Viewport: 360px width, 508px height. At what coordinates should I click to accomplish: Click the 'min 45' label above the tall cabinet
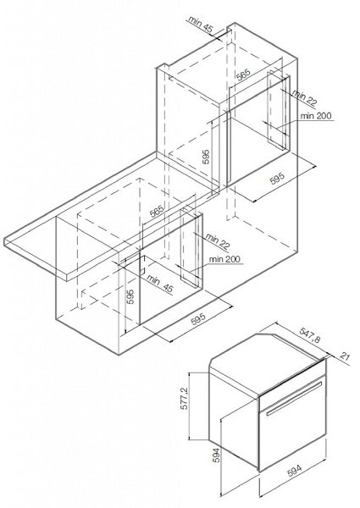201,25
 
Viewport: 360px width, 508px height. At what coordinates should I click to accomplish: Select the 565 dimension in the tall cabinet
243,75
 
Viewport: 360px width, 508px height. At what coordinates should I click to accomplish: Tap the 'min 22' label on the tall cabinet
304,98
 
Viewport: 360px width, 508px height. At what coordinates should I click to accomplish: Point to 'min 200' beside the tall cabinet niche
316,116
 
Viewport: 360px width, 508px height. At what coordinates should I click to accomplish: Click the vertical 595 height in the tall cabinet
206,157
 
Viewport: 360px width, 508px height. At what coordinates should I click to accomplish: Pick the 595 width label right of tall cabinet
277,179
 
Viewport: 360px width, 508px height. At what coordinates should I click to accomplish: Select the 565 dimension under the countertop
158,211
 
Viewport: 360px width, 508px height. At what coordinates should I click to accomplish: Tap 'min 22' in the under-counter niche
217,241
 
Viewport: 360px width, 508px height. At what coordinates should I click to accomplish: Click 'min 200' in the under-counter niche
224,260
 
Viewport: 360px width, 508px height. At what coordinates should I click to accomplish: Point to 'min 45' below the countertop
160,284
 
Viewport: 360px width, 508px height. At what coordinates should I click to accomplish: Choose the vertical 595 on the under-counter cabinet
130,297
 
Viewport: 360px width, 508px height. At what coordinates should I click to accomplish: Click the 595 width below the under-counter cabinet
198,319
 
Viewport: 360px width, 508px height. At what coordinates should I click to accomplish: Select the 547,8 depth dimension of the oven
310,335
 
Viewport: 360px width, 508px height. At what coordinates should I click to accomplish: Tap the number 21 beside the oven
346,357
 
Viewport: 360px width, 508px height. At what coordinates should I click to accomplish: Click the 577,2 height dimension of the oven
185,400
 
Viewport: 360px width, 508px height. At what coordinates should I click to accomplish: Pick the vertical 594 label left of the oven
217,456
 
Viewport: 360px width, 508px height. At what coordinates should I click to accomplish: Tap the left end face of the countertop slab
6,242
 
